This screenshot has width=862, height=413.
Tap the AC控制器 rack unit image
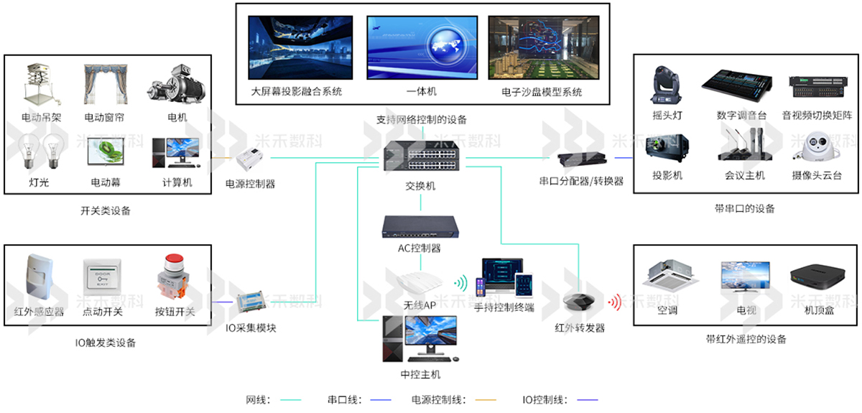point(420,227)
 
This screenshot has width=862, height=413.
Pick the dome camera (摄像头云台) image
point(817,150)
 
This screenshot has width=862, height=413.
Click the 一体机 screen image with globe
point(422,47)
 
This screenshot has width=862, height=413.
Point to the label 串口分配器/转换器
point(581,182)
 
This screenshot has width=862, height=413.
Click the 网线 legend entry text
point(258,399)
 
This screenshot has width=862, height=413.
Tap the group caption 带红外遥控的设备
point(745,339)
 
